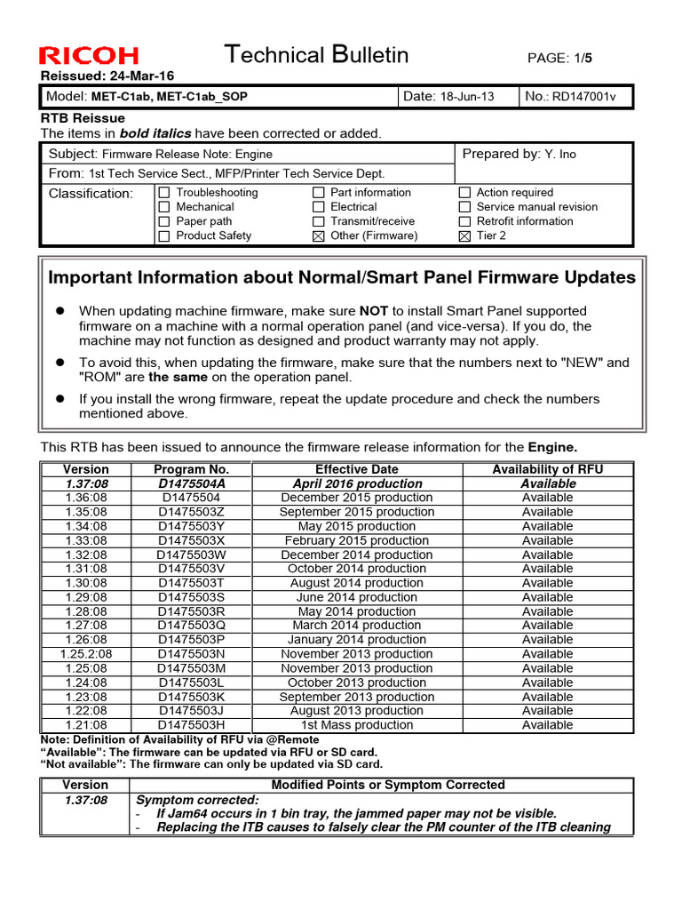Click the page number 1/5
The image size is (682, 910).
(x=583, y=58)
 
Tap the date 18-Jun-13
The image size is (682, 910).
(x=467, y=96)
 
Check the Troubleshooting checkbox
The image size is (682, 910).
(x=163, y=193)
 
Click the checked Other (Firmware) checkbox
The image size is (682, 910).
(x=319, y=235)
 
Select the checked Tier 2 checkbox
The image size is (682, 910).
(x=464, y=235)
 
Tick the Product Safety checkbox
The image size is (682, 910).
(x=163, y=235)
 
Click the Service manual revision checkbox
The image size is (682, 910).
(x=464, y=207)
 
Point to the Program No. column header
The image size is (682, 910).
(x=191, y=469)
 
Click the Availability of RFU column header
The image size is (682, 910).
(x=548, y=469)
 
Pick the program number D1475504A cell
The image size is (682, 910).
(x=192, y=483)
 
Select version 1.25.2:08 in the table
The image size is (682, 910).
(x=86, y=654)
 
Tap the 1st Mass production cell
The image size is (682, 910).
(x=356, y=725)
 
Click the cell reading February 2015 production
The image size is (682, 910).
(x=356, y=540)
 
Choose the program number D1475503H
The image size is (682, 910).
(x=192, y=725)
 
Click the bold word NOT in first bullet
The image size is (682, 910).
(x=373, y=311)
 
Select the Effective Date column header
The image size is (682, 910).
(x=356, y=469)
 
